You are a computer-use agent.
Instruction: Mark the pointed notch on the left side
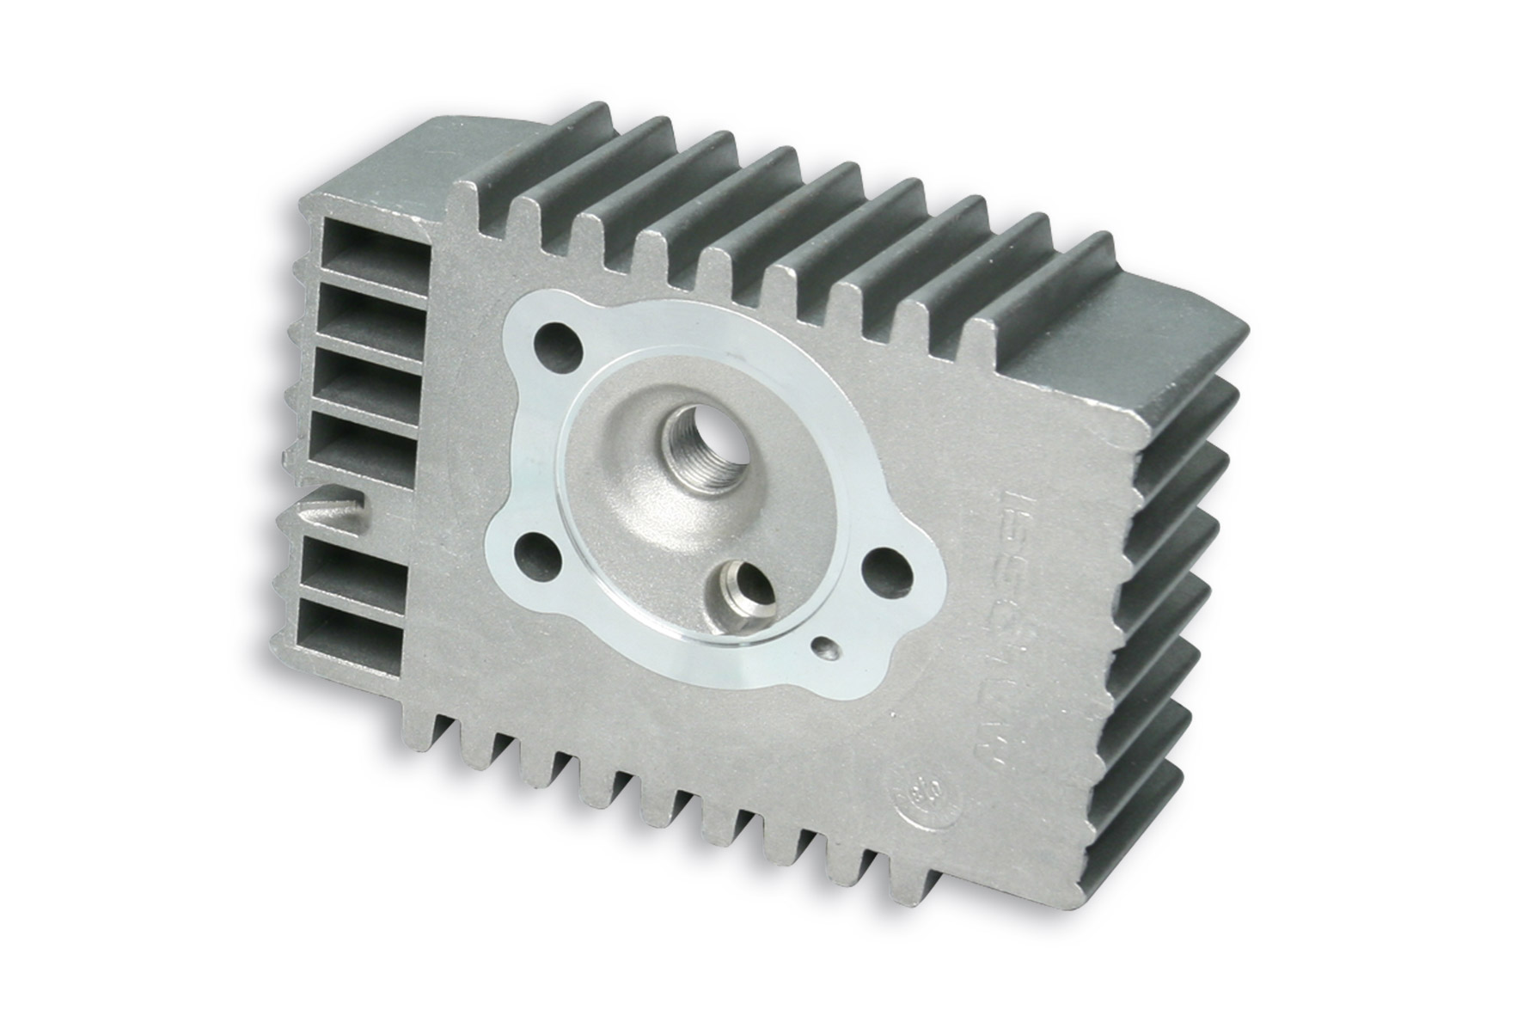(331, 503)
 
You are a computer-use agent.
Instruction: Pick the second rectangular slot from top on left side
(370, 309)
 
